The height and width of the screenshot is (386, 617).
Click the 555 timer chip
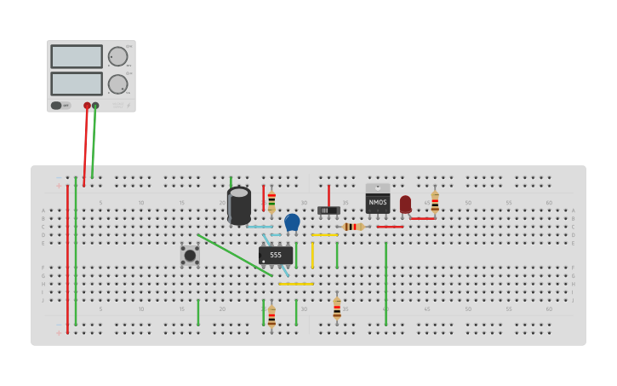coord(276,255)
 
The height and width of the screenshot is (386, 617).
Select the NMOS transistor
coord(378,202)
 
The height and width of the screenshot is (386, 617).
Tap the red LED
coord(405,204)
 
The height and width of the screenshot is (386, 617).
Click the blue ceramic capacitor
coord(292,222)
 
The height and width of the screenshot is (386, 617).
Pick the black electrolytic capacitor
coord(239,205)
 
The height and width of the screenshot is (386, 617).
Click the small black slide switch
coord(328,210)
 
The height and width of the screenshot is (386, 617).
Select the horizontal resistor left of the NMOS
coord(353,227)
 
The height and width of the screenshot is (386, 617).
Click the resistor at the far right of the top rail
coord(435,203)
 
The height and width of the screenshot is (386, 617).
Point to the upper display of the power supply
coord(77,56)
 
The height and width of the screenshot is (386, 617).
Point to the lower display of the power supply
coord(77,84)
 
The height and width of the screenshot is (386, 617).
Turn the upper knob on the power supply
coord(117,56)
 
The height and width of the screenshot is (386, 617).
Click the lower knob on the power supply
coord(117,84)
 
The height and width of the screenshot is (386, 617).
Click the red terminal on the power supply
coord(87,106)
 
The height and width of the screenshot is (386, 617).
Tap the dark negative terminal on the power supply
coord(95,106)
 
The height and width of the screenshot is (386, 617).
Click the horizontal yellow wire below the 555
coord(295,284)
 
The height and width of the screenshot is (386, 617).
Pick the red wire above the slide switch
coord(328,195)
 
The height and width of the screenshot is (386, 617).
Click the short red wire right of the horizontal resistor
coord(390,227)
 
